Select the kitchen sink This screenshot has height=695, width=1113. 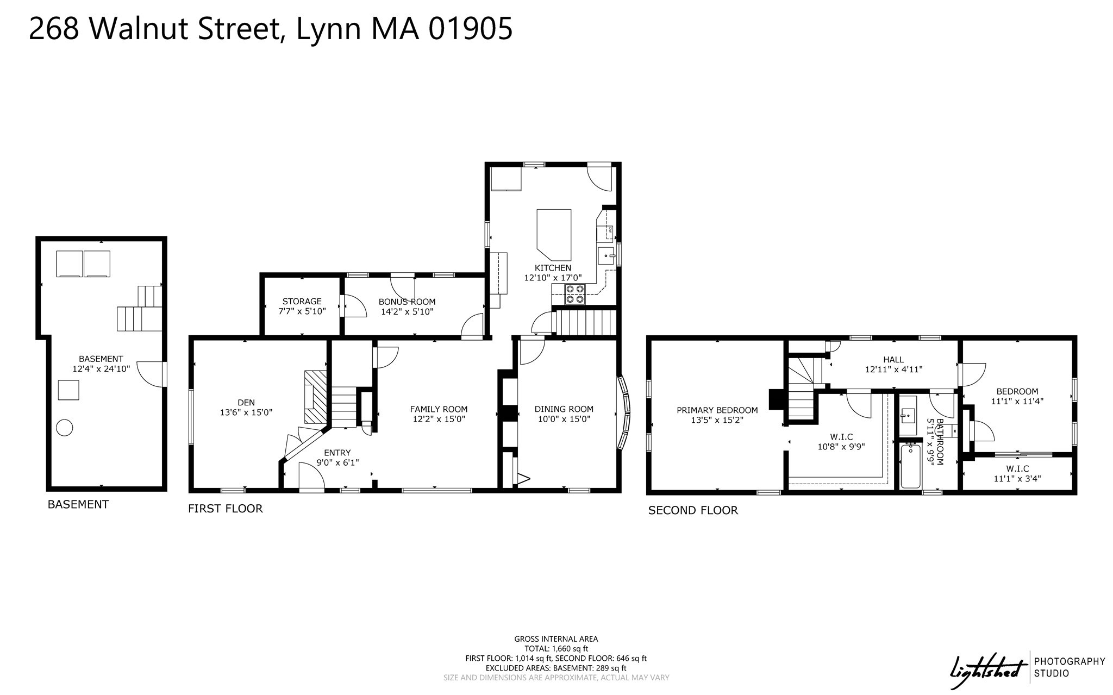[x=606, y=255]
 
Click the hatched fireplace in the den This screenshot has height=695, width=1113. [x=316, y=397]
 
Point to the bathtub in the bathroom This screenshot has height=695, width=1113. [x=911, y=467]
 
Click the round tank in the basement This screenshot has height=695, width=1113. [x=65, y=428]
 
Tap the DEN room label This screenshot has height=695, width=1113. [x=246, y=403]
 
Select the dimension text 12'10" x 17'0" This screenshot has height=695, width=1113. [x=553, y=278]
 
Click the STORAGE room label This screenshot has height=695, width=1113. [x=302, y=301]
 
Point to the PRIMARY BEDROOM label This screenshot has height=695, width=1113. [x=717, y=410]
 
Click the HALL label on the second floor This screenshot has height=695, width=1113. [x=893, y=359]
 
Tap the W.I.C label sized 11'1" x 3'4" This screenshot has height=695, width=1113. [x=1017, y=468]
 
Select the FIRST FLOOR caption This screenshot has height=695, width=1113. [x=225, y=509]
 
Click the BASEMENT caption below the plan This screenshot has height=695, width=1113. [x=78, y=504]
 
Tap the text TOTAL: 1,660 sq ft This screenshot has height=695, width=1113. [x=556, y=648]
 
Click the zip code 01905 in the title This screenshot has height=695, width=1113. [x=470, y=29]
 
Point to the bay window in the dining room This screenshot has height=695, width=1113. [x=626, y=413]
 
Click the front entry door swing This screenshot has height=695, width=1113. [x=312, y=478]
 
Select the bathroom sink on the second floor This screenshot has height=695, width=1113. [x=908, y=416]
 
